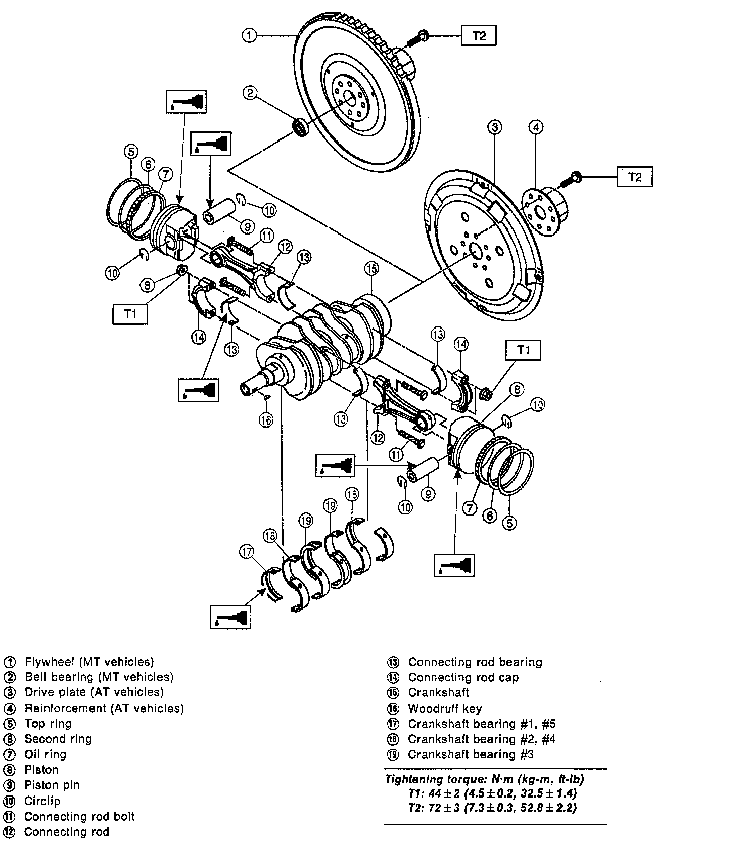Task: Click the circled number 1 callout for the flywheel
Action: (249, 36)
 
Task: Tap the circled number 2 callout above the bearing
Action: (250, 92)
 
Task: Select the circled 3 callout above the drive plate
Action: (495, 127)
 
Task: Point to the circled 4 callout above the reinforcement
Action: (536, 127)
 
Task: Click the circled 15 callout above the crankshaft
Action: (371, 268)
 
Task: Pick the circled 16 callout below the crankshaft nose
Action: (266, 419)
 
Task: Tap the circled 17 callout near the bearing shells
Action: (247, 553)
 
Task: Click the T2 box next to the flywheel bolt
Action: (478, 36)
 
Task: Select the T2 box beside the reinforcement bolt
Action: (634, 177)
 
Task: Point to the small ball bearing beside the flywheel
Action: (302, 127)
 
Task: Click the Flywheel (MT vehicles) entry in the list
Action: (89, 662)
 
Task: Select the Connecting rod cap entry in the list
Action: (463, 677)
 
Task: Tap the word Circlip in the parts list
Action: (42, 801)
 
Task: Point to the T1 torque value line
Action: (492, 793)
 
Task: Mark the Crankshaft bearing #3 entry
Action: (471, 754)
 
